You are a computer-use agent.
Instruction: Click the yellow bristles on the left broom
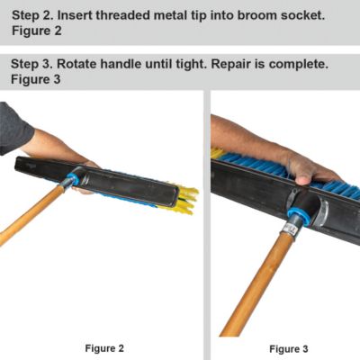[x=186, y=198]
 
